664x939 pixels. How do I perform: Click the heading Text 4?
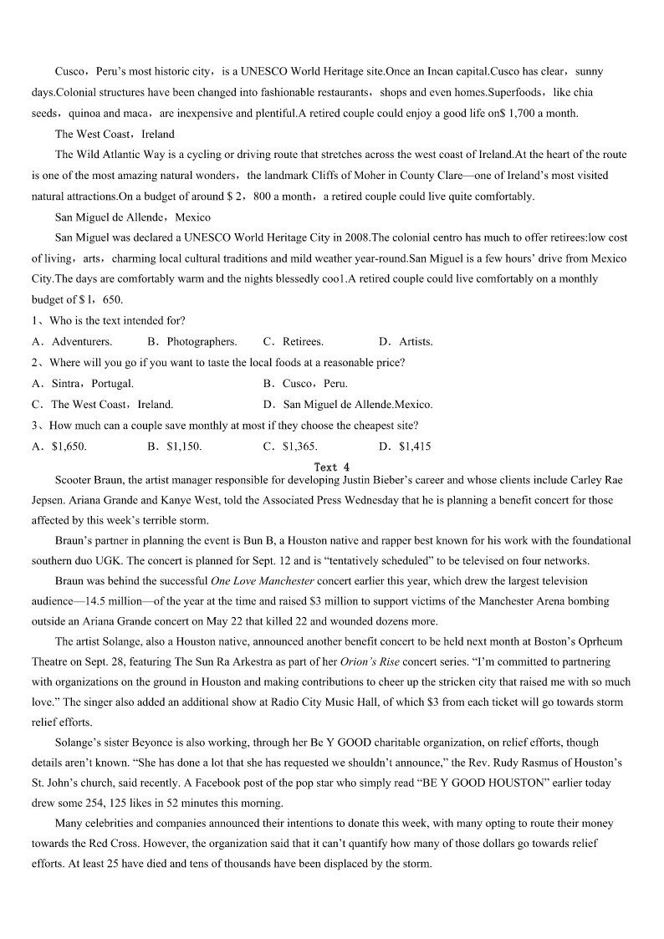(x=332, y=467)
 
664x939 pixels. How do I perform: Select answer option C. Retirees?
(x=294, y=341)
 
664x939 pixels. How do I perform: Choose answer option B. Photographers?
(x=192, y=341)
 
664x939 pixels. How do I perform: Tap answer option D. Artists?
(x=406, y=341)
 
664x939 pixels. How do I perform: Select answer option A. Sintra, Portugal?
(x=83, y=383)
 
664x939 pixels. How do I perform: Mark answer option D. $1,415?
(x=406, y=446)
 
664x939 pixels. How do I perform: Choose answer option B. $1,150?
(x=175, y=446)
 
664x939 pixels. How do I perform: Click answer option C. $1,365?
(x=290, y=446)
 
